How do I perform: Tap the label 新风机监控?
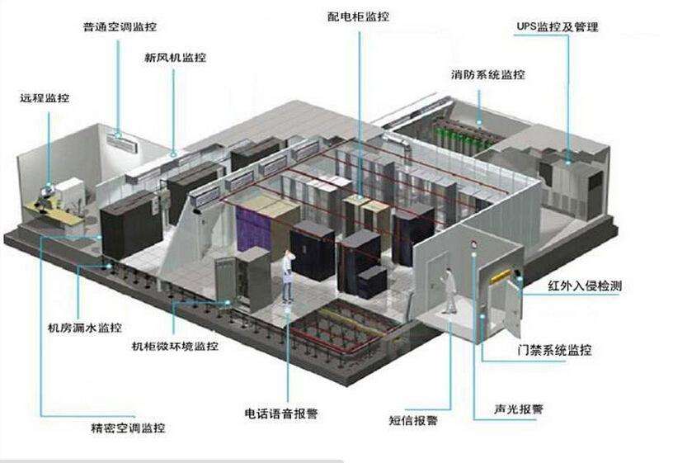point(175,58)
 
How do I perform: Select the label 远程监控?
point(45,98)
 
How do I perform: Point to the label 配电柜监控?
point(358,16)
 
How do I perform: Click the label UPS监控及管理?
point(557,27)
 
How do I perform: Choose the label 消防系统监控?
point(487,75)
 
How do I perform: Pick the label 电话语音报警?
point(283,413)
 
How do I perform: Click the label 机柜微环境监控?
point(175,347)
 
